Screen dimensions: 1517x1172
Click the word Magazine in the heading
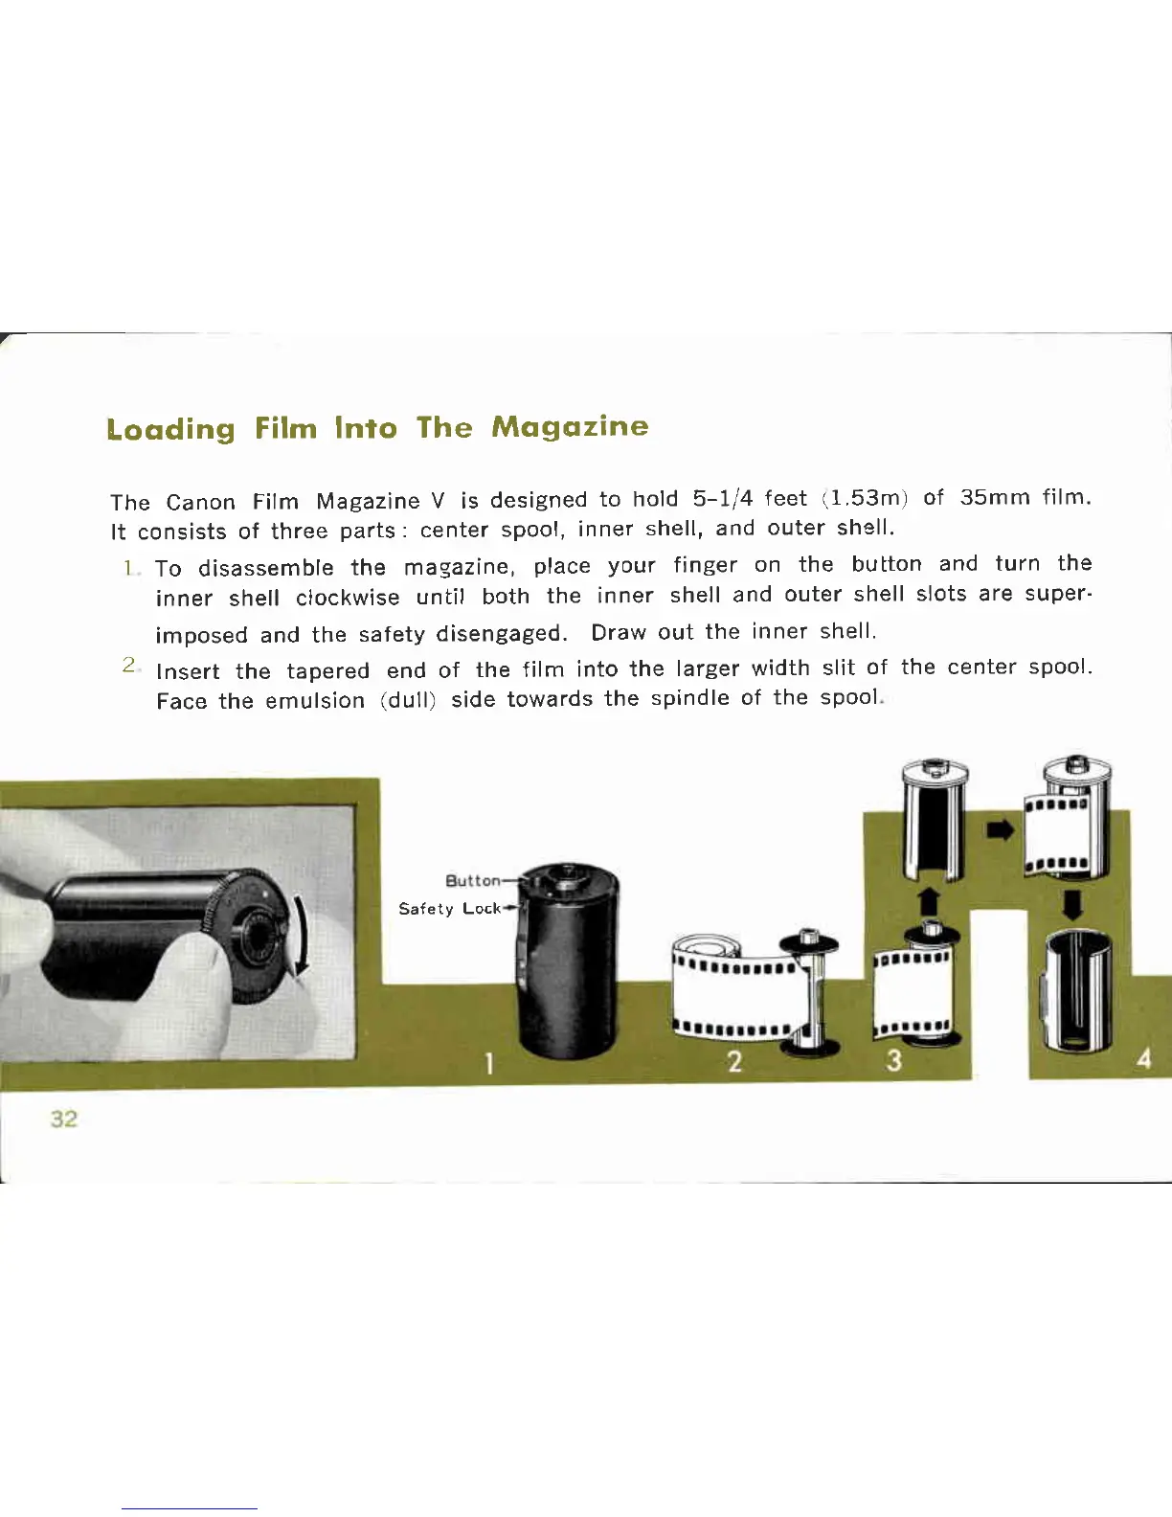[569, 426]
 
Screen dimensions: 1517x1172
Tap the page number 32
[64, 1119]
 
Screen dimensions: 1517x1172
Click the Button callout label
[473, 880]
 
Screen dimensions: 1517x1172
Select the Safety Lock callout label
[450, 908]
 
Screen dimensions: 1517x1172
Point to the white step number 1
[489, 1063]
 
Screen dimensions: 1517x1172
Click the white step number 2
[734, 1061]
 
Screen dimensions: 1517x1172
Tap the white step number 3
[893, 1060]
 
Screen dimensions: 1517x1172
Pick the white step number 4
[1143, 1060]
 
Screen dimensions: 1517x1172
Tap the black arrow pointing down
[1073, 904]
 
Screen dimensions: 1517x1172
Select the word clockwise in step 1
[348, 598]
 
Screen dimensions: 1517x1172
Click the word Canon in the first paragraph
[200, 503]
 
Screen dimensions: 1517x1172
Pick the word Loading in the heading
[170, 428]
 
